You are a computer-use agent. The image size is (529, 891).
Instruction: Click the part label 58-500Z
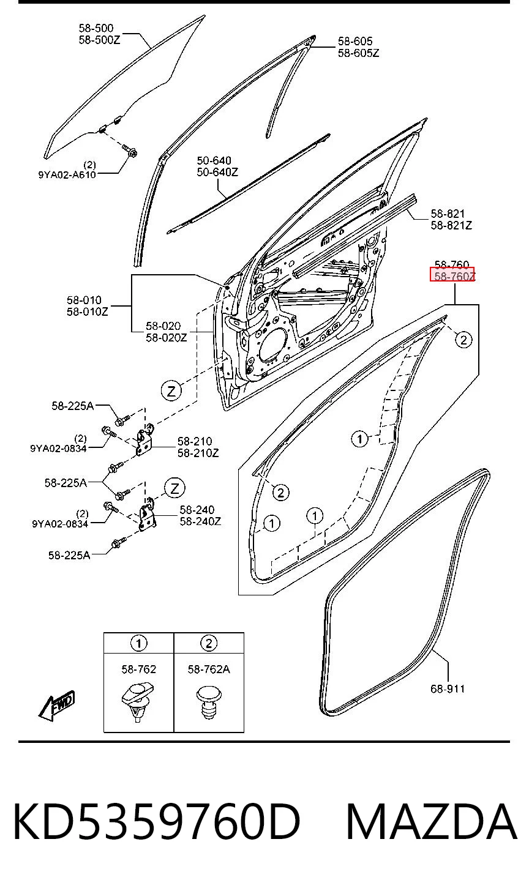click(x=99, y=40)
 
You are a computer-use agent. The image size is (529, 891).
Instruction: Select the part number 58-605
click(x=355, y=41)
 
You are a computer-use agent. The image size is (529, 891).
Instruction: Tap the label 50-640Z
click(x=217, y=172)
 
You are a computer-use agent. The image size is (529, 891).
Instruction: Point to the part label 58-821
click(x=448, y=214)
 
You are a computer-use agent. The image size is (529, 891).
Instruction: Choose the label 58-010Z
click(x=87, y=311)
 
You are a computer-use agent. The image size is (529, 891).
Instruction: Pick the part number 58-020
click(x=163, y=326)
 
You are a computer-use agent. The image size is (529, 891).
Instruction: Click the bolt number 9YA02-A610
click(x=67, y=174)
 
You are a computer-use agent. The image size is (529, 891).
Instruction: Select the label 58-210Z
click(x=198, y=453)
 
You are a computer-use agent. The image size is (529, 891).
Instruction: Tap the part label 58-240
click(x=197, y=510)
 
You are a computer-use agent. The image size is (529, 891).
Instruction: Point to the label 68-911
click(x=448, y=688)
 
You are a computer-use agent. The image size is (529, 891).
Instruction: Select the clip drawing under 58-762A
click(x=209, y=704)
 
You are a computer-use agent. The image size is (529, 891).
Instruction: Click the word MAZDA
click(x=432, y=821)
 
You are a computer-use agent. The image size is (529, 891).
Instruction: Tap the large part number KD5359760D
click(x=156, y=821)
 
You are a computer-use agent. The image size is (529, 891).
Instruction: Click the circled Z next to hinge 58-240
click(x=174, y=488)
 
